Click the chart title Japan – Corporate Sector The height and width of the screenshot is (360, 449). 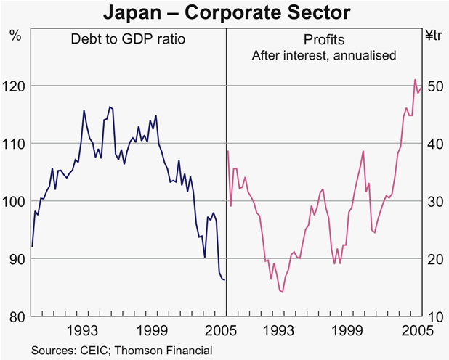click(224, 12)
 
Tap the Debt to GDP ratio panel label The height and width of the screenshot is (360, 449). click(129, 40)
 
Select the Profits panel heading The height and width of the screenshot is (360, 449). click(323, 40)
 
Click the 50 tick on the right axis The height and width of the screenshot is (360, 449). click(433, 86)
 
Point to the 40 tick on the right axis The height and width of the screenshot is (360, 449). click(433, 144)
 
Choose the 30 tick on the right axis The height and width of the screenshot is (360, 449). click(433, 201)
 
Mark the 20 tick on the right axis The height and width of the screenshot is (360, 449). click(433, 259)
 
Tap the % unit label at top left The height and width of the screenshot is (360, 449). click(15, 33)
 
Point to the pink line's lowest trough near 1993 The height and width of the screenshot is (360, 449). click(282, 292)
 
